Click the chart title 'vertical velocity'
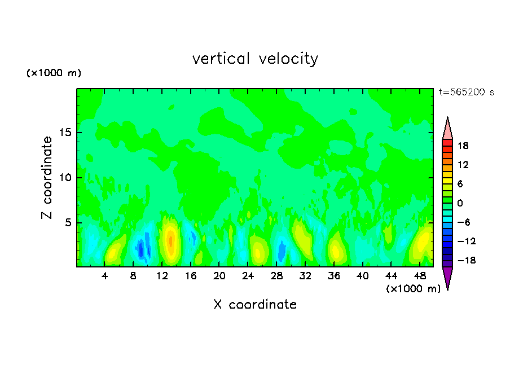click(x=255, y=59)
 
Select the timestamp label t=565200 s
click(x=467, y=93)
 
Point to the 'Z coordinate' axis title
click(x=47, y=178)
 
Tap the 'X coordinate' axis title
click(x=255, y=305)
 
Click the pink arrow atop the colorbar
click(x=447, y=129)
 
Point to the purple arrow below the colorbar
click(x=447, y=278)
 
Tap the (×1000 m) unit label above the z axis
click(x=54, y=73)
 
